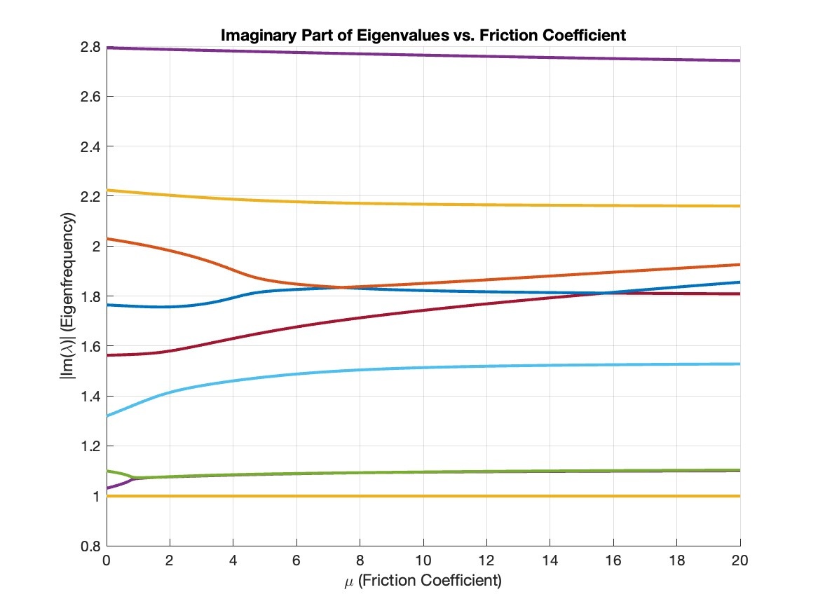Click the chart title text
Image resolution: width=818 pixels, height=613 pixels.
423,35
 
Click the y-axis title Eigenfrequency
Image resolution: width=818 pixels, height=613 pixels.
69,296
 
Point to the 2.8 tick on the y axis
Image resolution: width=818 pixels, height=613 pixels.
93,47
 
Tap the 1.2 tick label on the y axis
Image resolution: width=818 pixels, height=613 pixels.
93,446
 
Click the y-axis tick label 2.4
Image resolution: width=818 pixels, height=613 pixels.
93,146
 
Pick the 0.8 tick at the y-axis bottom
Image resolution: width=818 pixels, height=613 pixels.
93,546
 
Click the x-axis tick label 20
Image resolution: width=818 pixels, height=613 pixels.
740,561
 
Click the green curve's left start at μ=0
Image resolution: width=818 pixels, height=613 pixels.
108,471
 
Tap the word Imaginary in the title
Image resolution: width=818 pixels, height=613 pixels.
252,35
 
